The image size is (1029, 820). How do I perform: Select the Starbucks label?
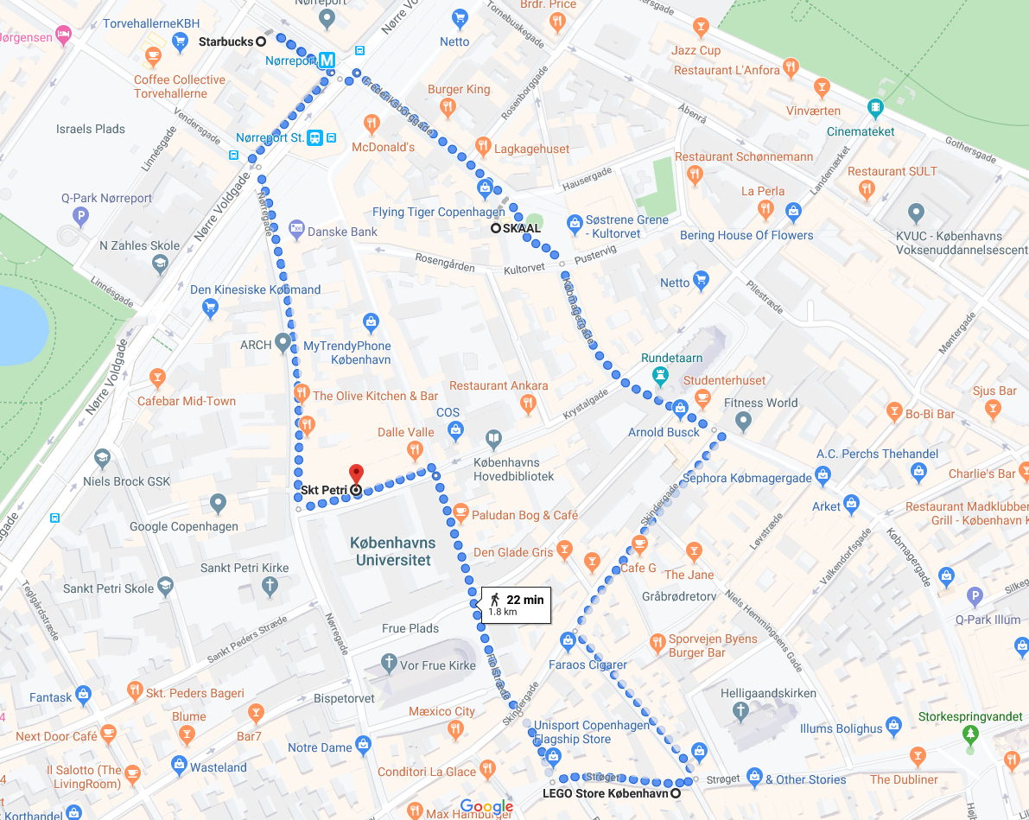(x=226, y=41)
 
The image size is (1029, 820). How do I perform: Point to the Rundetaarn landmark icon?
(x=661, y=375)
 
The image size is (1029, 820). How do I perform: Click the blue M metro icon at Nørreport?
(x=327, y=60)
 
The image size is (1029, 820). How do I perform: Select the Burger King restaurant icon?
(x=448, y=107)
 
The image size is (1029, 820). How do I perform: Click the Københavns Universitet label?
(x=393, y=551)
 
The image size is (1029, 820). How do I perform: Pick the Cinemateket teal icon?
(x=876, y=109)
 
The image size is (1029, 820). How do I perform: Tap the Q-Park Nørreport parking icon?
(x=81, y=216)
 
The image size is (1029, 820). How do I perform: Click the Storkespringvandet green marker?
(x=969, y=734)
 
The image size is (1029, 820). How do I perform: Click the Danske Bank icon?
(x=297, y=231)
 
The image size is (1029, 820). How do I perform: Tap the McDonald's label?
(x=383, y=147)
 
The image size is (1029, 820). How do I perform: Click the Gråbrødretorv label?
(x=679, y=596)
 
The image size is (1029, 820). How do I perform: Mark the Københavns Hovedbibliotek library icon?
(x=493, y=439)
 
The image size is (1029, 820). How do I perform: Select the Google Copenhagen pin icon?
(x=218, y=502)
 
